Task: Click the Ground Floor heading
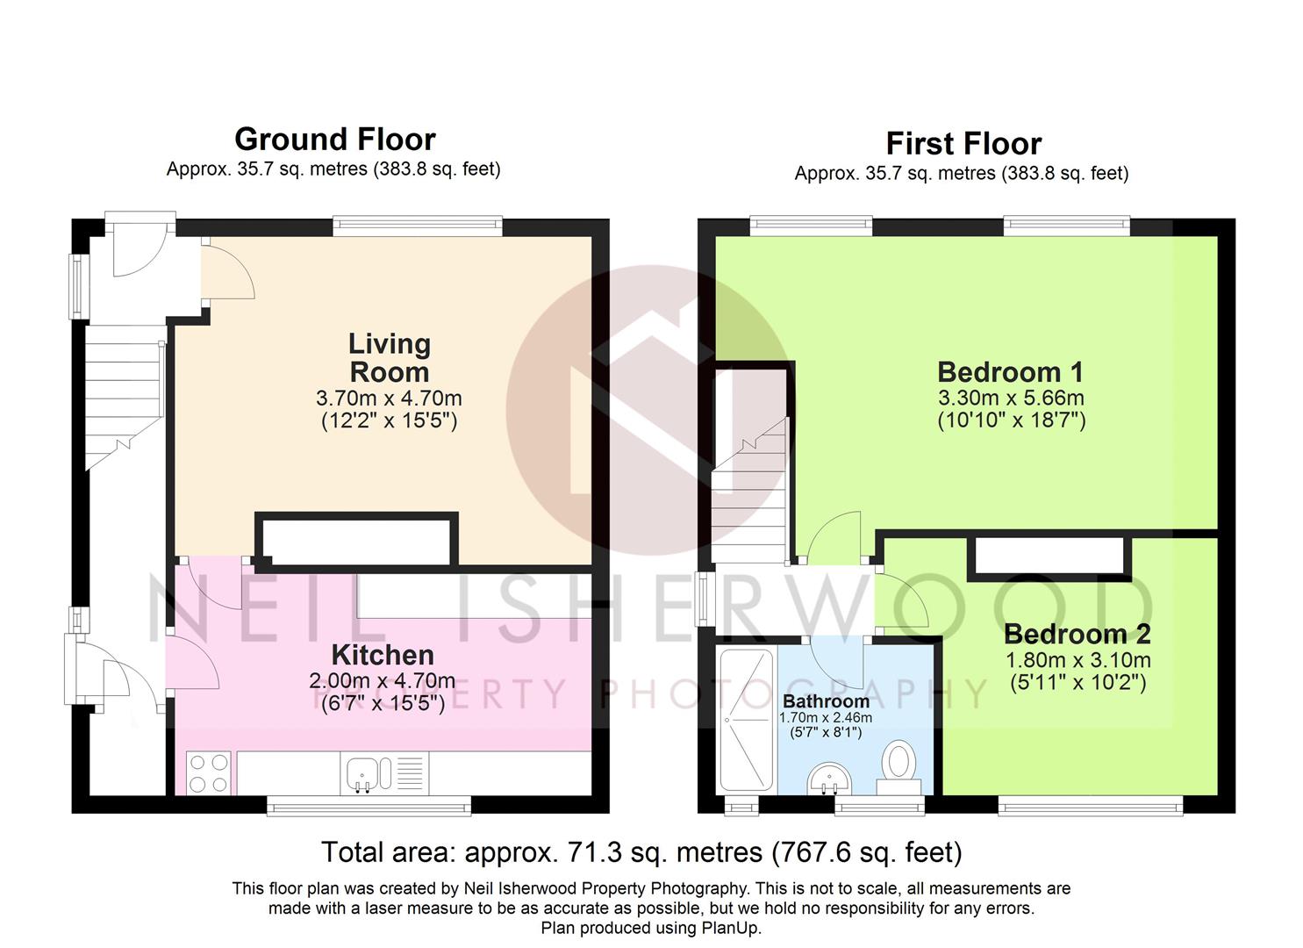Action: tap(334, 140)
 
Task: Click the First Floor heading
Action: tap(963, 144)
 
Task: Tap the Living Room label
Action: tap(390, 358)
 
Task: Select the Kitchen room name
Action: tap(383, 656)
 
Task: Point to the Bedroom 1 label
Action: tap(1011, 372)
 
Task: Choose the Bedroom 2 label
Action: tap(1077, 635)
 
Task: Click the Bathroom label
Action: tap(826, 701)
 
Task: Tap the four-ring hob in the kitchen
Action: tap(208, 773)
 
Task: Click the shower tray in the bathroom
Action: tap(747, 721)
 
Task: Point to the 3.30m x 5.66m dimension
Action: tap(1011, 398)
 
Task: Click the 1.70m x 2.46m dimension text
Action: tap(826, 718)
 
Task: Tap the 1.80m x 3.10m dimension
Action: tap(1077, 660)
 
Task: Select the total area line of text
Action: tap(641, 852)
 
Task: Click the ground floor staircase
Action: tap(125, 398)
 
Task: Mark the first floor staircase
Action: tap(750, 490)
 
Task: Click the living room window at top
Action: tap(418, 226)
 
